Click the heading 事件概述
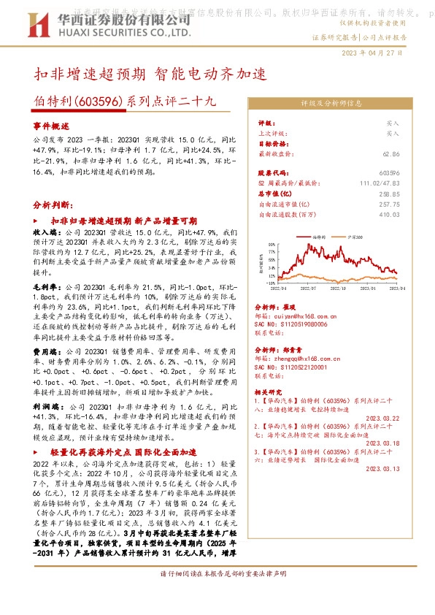(x=50, y=126)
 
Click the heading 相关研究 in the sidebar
(x=269, y=393)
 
